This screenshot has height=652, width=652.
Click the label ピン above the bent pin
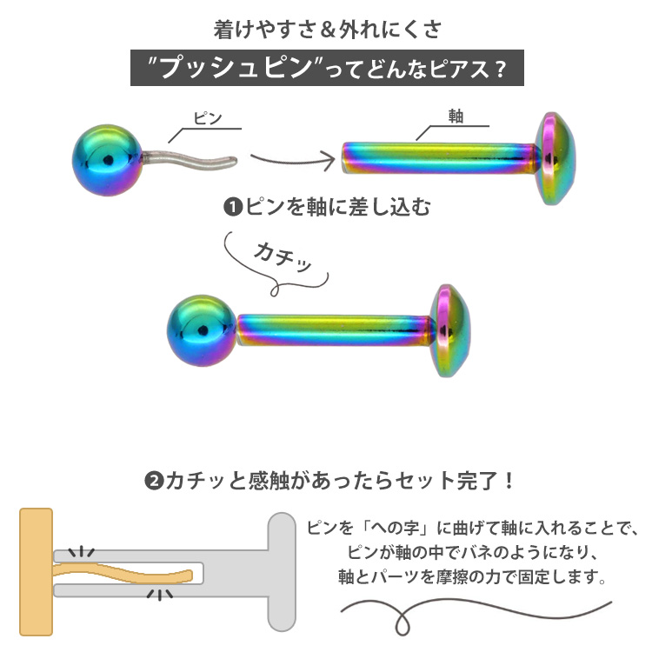[207, 118]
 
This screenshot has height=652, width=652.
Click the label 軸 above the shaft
[456, 117]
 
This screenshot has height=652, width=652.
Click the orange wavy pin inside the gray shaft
[126, 574]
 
